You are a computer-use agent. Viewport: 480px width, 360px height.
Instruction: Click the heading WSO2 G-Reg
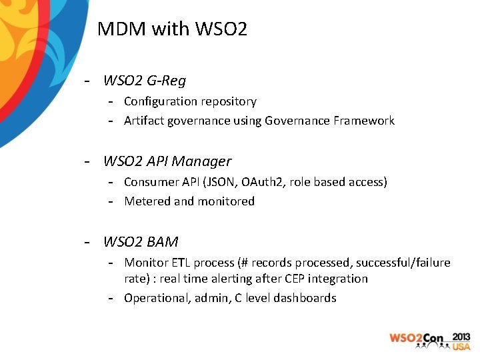145,81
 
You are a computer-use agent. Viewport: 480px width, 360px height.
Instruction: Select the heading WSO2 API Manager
167,161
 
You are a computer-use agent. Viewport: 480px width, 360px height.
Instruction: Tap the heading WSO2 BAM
141,241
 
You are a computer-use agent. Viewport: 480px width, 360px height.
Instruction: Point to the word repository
227,102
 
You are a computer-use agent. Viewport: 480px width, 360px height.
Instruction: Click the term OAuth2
267,182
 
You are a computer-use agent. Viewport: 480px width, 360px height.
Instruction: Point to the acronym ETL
181,263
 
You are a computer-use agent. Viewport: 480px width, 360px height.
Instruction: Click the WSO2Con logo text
417,339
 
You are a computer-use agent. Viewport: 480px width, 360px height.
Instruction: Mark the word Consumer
150,182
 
